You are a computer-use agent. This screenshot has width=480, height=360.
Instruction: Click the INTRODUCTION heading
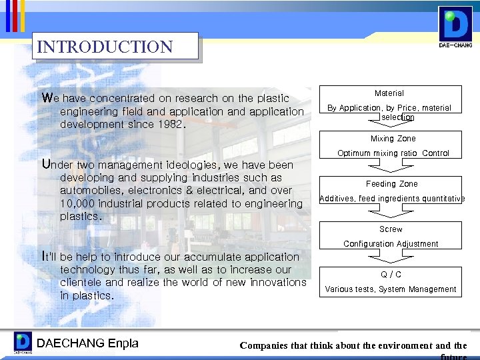[x=105, y=47]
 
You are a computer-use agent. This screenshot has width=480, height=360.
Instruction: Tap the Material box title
[x=389, y=93]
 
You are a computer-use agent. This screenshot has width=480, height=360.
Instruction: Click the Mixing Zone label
[x=393, y=139]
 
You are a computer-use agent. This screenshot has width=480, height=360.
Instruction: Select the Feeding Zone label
[x=392, y=184]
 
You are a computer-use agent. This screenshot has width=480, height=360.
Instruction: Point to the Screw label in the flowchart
[x=391, y=229]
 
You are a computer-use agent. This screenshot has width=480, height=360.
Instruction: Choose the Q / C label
[x=391, y=275]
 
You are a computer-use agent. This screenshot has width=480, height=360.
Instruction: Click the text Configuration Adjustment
[x=391, y=244]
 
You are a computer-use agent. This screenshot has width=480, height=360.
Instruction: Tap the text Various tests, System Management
[x=391, y=289]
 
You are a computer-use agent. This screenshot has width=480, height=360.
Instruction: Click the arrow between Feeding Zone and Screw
[x=391, y=213]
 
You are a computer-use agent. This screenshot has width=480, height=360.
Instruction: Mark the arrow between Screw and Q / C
[x=391, y=259]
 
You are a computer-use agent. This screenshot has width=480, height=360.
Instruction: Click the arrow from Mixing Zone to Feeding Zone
[x=391, y=167]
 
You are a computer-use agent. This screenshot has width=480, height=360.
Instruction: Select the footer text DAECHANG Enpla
[x=87, y=343]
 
